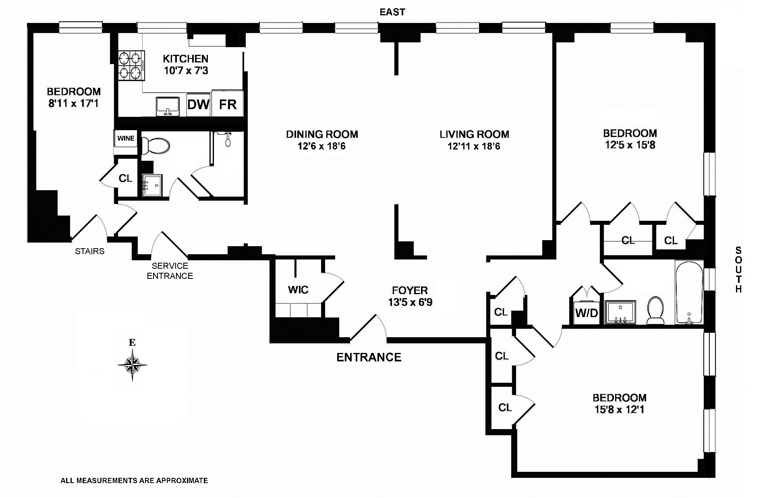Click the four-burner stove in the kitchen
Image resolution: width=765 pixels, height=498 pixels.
coord(131,66)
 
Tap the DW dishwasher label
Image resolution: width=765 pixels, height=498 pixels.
coord(199,105)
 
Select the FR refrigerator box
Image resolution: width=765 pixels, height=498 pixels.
coord(228,105)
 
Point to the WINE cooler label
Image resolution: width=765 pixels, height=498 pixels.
coord(126,139)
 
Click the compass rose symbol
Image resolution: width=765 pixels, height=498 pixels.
coord(133,365)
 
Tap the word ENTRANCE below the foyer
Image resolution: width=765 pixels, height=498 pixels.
coord(369,357)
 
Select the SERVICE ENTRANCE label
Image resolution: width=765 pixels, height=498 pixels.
coord(170,271)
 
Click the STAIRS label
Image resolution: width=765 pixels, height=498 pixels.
coord(89,251)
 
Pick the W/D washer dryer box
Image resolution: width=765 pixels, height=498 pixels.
coord(587,313)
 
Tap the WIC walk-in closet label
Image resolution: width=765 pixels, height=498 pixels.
coord(298,290)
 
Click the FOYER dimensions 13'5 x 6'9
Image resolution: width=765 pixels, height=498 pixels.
coord(410,302)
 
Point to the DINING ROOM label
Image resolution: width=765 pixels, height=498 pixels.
coord(322,134)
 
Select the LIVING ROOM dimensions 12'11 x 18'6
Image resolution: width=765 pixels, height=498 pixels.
coord(474,146)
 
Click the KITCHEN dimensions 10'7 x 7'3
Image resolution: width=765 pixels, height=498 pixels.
coord(186,71)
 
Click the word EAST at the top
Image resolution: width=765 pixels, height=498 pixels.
coord(392,12)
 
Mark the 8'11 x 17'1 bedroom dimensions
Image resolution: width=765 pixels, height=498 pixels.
coord(73,104)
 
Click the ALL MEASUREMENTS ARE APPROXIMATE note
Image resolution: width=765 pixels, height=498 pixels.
coord(134,480)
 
